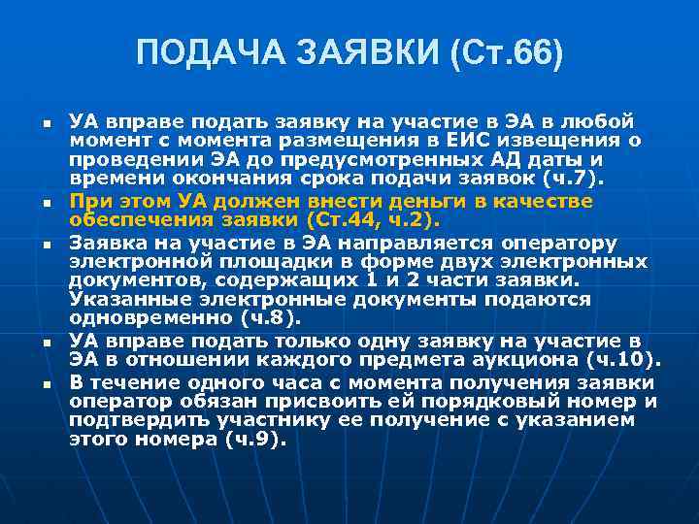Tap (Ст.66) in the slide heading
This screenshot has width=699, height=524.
tap(505, 53)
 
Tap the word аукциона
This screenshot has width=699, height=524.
tap(513, 359)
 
